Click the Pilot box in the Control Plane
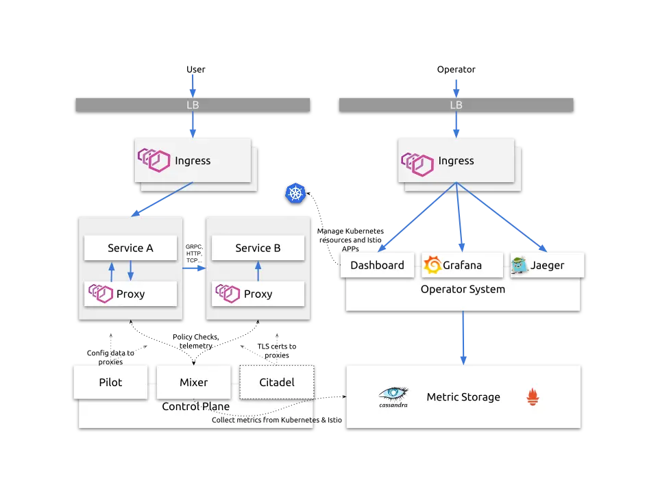[x=110, y=382]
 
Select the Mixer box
[x=193, y=382]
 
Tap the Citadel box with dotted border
[x=276, y=382]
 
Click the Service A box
[x=130, y=248]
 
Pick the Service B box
[x=258, y=248]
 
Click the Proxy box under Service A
[x=130, y=294]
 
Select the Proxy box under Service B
[x=258, y=294]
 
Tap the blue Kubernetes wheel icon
[x=295, y=193]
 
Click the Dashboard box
[x=377, y=265]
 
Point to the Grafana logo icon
[x=432, y=265]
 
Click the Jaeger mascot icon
[x=520, y=265]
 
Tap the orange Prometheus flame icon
[x=533, y=396]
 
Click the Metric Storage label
[x=463, y=397]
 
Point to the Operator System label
[x=463, y=289]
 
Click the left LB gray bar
[x=193, y=105]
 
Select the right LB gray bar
[x=456, y=105]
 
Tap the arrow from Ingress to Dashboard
[x=416, y=218]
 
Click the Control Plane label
[x=195, y=407]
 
